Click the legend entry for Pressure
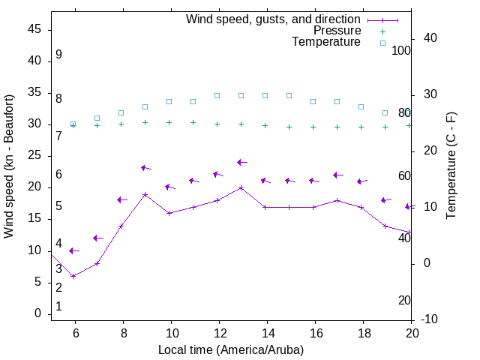coord(337,31)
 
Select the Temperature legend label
coord(326,42)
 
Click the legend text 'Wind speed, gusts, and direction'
coord(274,19)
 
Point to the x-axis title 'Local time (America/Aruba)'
coord(231,350)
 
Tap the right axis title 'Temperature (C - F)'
coord(451,166)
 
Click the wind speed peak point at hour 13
coord(241,187)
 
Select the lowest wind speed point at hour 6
coord(73,276)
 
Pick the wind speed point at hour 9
coord(145,194)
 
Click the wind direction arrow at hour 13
coord(241,162)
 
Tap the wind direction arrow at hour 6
coord(73,250)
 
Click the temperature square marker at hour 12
coord(217,95)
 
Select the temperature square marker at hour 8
coord(121,112)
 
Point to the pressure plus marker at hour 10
coord(169,122)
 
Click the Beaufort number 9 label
coord(58,55)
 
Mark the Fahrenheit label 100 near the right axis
coord(401,50)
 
